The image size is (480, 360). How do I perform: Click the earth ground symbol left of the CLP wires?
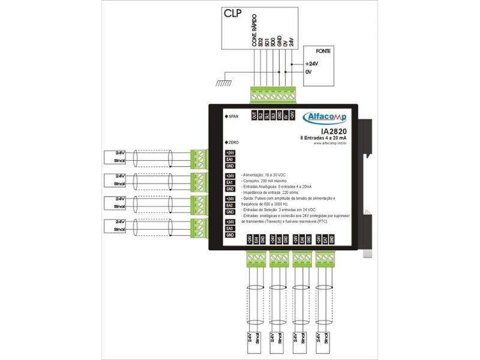(x=223, y=80)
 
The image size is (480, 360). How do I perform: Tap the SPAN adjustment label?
(x=230, y=115)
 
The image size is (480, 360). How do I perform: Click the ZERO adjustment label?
(x=231, y=142)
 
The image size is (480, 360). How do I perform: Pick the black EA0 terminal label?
(x=230, y=159)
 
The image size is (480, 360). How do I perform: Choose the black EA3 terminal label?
(x=230, y=229)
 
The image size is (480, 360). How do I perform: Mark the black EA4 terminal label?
(x=256, y=239)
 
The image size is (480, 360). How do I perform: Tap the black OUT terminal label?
(x=254, y=115)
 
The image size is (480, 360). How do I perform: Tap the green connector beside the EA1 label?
(x=197, y=182)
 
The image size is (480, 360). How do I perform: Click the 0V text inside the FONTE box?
(x=308, y=72)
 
